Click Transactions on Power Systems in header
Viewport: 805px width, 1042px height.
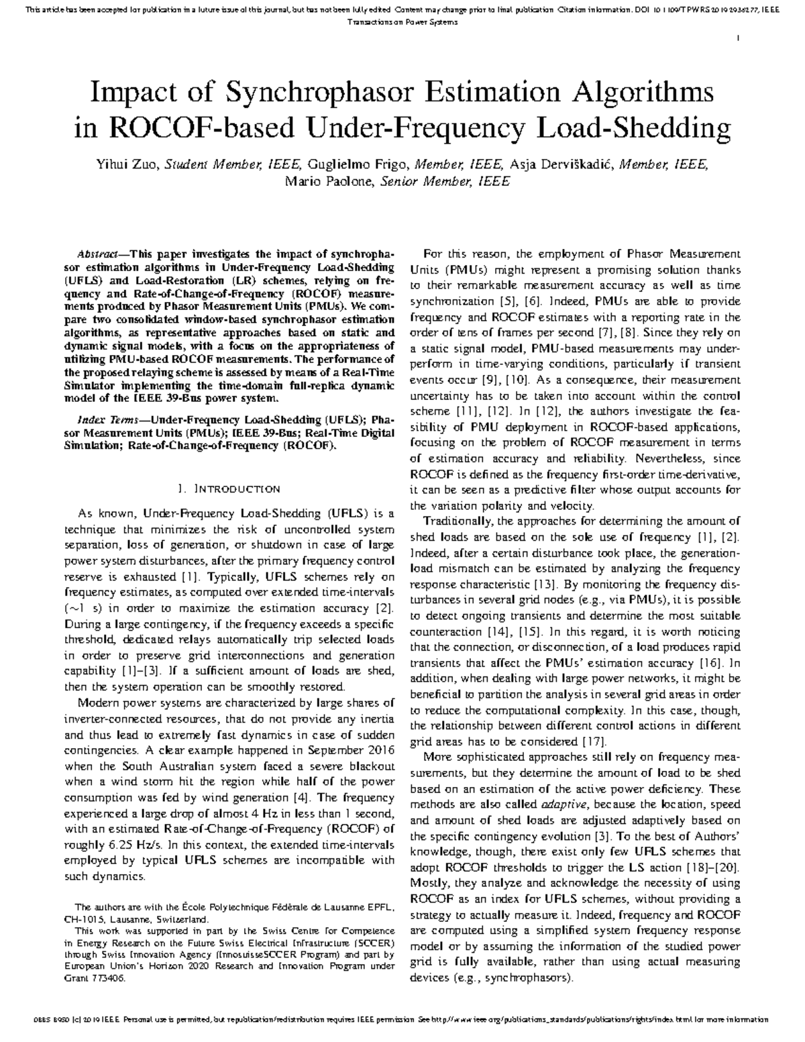[x=402, y=22]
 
